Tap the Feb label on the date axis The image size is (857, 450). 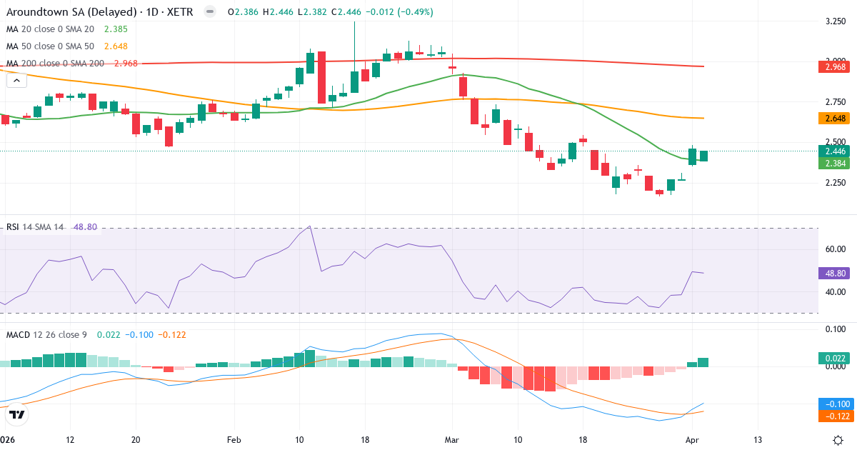pyautogui.click(x=234, y=439)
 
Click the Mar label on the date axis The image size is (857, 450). pyautogui.click(x=453, y=439)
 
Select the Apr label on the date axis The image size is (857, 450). pyautogui.click(x=692, y=439)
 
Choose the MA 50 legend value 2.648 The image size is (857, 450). pyautogui.click(x=116, y=46)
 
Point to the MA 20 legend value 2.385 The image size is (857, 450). pyautogui.click(x=116, y=29)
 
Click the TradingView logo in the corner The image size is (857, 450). pyautogui.click(x=17, y=414)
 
